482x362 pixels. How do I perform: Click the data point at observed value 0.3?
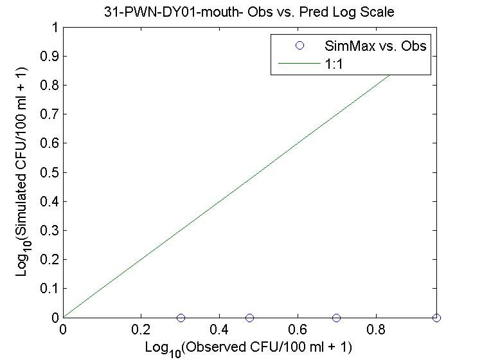tap(181, 318)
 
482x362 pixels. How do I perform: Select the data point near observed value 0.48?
tap(249, 318)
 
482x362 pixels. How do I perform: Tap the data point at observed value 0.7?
tap(336, 318)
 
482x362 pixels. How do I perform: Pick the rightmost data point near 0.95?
tap(436, 318)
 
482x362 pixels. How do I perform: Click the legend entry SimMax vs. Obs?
tap(375, 46)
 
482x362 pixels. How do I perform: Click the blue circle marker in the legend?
tap(299, 46)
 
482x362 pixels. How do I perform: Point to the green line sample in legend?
tap(299, 64)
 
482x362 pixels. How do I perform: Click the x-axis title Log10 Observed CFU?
tap(249, 347)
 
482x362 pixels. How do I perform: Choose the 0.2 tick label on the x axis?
tap(141, 329)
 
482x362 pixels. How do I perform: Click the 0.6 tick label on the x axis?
tap(298, 329)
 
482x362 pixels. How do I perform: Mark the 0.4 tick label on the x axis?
tap(219, 329)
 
